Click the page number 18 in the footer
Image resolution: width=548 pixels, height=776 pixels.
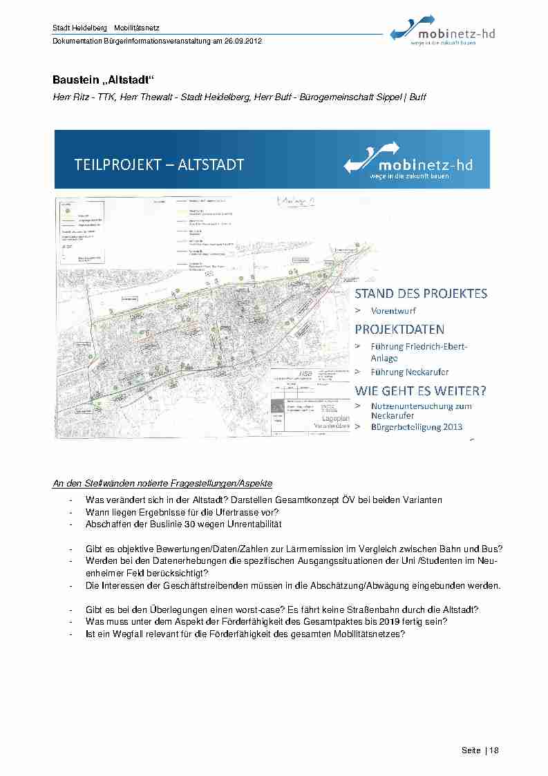click(494, 751)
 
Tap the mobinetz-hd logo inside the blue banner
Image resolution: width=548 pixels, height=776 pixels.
click(408, 162)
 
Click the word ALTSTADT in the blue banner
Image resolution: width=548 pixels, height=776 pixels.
click(211, 165)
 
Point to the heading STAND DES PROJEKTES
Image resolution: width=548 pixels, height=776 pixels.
click(421, 294)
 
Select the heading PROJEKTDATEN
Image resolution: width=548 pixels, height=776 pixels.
click(399, 329)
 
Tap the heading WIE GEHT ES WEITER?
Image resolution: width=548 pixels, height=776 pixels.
click(421, 390)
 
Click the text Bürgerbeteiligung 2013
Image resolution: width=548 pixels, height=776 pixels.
click(417, 427)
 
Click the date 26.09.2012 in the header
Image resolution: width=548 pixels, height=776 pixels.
click(243, 41)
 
